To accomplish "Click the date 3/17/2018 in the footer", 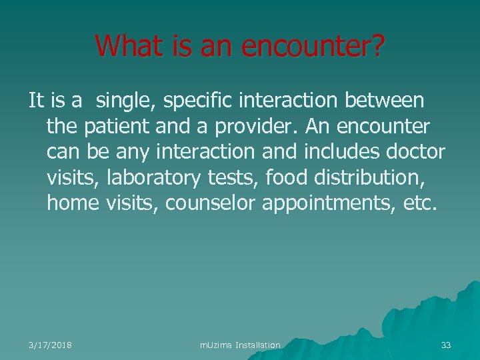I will (x=51, y=345).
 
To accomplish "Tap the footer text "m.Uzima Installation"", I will (x=240, y=345).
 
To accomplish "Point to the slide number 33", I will (x=446, y=345).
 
